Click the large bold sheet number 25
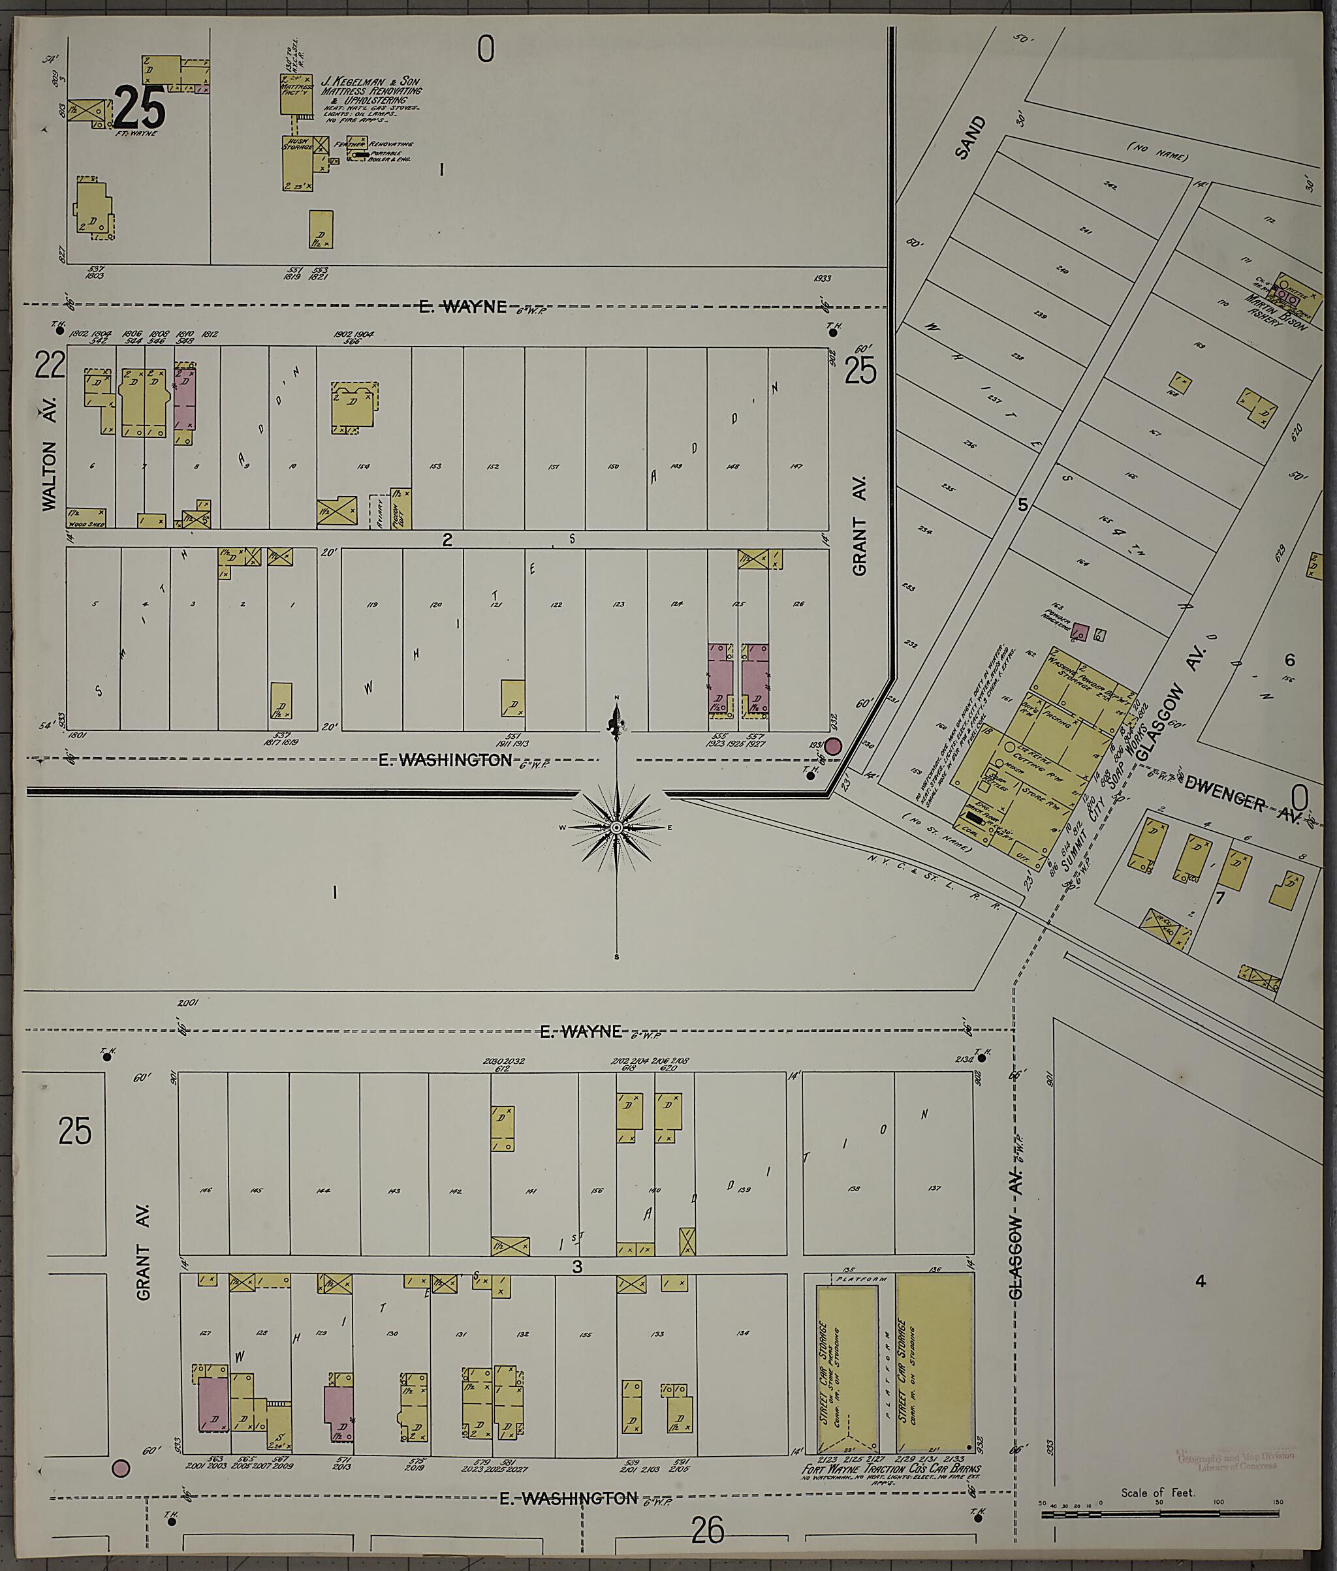point(140,107)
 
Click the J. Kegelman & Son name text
point(371,81)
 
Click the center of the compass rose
point(617,827)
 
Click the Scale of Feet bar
point(1159,984)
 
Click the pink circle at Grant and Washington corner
point(833,747)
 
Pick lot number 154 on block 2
point(363,466)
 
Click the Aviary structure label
point(375,510)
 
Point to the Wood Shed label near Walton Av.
point(85,523)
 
